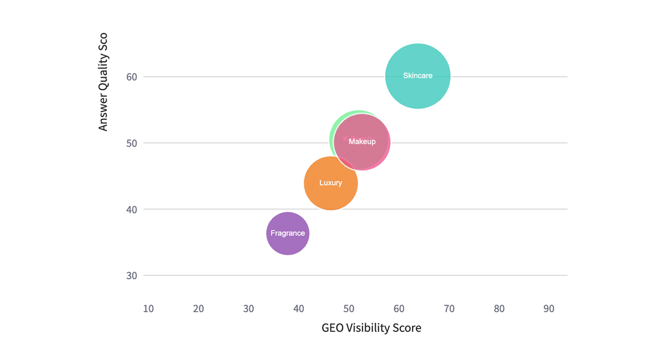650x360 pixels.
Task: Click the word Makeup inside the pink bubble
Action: [x=362, y=142]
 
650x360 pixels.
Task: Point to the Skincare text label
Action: [x=418, y=76]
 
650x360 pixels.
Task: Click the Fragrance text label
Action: [x=287, y=233]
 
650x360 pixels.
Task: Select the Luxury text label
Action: [x=331, y=183]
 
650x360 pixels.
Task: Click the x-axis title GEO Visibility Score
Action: [x=371, y=328]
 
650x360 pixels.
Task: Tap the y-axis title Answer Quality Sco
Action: [x=103, y=82]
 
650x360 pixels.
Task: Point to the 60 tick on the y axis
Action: [x=131, y=77]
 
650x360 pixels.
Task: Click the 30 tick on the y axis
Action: [x=131, y=276]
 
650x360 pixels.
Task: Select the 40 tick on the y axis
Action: [x=131, y=210]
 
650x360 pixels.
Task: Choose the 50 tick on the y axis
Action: [x=131, y=143]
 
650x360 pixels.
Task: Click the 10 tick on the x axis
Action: [x=148, y=309]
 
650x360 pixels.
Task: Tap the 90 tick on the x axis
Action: [x=549, y=309]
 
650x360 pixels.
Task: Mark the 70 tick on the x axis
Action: [x=449, y=309]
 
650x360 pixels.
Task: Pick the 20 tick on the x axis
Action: [x=198, y=309]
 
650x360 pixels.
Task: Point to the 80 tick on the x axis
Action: [x=499, y=309]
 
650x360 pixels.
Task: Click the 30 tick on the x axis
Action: [x=248, y=309]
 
